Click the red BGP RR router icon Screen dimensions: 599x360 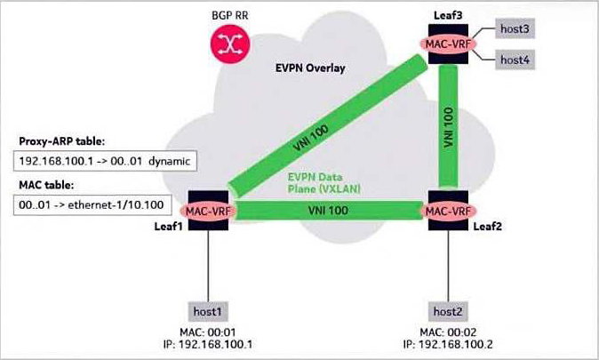pyautogui.click(x=230, y=44)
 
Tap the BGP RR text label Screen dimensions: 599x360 pyautogui.click(x=230, y=16)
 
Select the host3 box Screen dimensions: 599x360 pyautogui.click(x=515, y=28)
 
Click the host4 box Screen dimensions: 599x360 pyautogui.click(x=515, y=60)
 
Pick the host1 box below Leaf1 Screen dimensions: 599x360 pyautogui.click(x=208, y=311)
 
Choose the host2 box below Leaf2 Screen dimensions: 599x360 pyautogui.click(x=448, y=311)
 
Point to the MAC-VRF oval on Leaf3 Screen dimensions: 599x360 pyautogui.click(x=448, y=44)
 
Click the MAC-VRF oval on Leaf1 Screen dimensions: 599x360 pyautogui.click(x=208, y=211)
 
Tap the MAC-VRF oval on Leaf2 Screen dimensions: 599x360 pyautogui.click(x=448, y=211)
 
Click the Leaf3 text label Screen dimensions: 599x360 pyautogui.click(x=448, y=15)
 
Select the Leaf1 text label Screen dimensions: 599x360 pyautogui.click(x=169, y=227)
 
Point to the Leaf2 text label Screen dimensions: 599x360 pyautogui.click(x=487, y=227)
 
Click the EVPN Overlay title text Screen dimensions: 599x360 pyautogui.click(x=310, y=68)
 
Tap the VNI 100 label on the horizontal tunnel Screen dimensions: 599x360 pyautogui.click(x=328, y=210)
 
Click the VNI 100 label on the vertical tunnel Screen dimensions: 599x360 pyautogui.click(x=448, y=127)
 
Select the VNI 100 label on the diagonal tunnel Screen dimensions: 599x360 pyautogui.click(x=311, y=138)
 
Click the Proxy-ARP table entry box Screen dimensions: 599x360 pyautogui.click(x=105, y=161)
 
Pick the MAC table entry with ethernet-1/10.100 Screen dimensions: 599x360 pyautogui.click(x=92, y=204)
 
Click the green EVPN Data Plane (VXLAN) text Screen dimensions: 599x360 pyautogui.click(x=324, y=183)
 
